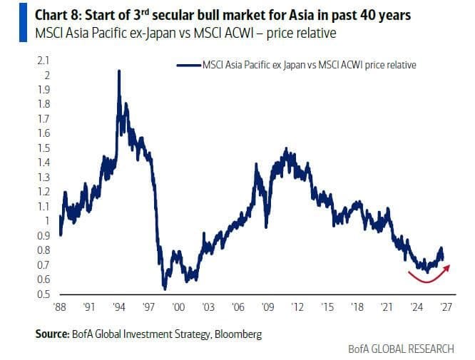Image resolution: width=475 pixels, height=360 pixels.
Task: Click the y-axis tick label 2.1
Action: tap(43, 61)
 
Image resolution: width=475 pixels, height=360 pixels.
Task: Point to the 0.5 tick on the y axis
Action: tap(43, 294)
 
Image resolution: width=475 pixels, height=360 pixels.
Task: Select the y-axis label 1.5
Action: tap(43, 148)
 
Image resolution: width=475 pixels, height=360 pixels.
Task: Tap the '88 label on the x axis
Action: tap(59, 307)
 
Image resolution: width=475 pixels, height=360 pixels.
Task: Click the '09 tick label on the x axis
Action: tap(267, 307)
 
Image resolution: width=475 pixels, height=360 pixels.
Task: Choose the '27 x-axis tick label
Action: tap(446, 307)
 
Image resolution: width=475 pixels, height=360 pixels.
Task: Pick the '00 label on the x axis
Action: tap(178, 307)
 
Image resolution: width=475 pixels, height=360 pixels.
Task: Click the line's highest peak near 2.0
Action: tap(118, 71)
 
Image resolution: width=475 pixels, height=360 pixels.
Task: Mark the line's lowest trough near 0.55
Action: tap(165, 289)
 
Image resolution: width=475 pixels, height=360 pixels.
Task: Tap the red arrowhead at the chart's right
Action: tap(447, 267)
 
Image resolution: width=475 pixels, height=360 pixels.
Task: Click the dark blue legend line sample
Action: tap(189, 65)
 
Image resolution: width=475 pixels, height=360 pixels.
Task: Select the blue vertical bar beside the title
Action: tap(23, 22)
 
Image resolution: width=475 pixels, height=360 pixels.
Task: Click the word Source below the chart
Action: tap(52, 334)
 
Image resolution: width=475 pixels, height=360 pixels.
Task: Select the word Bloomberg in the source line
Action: tap(238, 334)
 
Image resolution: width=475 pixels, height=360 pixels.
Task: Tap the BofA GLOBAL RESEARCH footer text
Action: tap(401, 349)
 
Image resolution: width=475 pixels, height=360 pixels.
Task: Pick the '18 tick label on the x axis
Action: tap(357, 307)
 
